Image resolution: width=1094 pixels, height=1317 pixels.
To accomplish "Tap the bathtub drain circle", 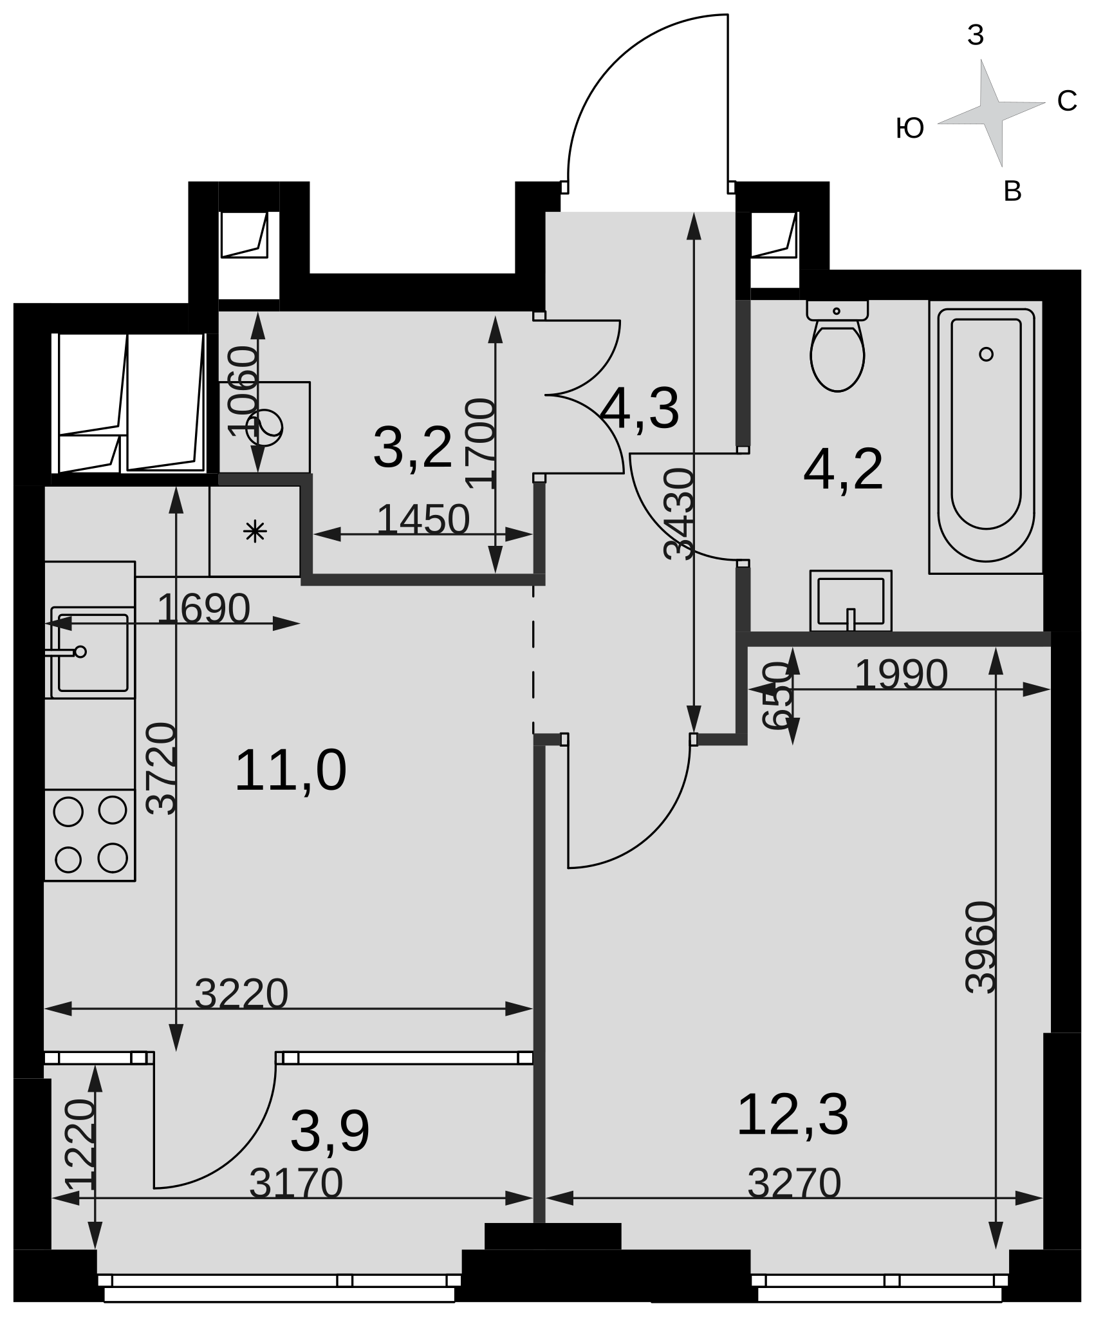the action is [x=986, y=354].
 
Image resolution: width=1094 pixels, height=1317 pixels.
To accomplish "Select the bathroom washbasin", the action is [x=851, y=601].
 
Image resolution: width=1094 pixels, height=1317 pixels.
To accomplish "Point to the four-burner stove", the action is [x=89, y=835].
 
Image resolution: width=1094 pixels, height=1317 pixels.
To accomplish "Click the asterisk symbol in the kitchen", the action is [x=255, y=532].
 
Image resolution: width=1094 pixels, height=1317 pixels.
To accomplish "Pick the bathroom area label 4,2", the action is [x=843, y=471].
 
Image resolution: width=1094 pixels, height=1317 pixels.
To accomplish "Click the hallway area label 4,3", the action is [x=640, y=408].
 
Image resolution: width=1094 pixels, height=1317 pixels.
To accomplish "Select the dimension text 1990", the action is [x=901, y=675].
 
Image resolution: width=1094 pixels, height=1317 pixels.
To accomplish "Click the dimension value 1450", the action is [x=423, y=519].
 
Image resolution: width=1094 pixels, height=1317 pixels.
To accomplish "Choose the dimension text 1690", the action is [x=203, y=608].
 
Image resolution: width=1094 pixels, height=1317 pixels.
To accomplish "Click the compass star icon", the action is [x=991, y=113].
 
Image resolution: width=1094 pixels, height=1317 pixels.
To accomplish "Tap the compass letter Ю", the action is [x=910, y=129].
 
